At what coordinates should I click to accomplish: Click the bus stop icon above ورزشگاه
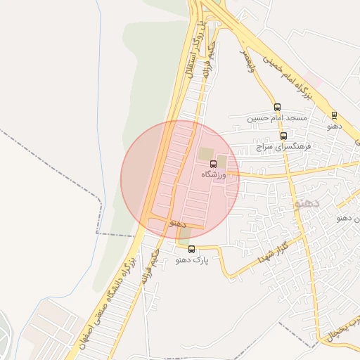click(x=214, y=164)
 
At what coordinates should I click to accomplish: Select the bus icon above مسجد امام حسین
click(x=277, y=108)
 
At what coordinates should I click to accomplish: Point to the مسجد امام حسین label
click(x=277, y=118)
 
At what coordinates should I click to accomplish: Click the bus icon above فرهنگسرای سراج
click(x=283, y=136)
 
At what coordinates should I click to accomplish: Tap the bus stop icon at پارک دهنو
click(x=191, y=249)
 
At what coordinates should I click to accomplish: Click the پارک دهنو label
click(x=192, y=260)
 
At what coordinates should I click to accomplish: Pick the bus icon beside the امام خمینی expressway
click(x=334, y=115)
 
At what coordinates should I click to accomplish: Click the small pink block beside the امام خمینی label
click(x=314, y=82)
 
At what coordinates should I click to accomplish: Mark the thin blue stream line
click(x=101, y=105)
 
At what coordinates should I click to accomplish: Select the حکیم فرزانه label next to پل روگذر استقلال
click(x=205, y=64)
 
